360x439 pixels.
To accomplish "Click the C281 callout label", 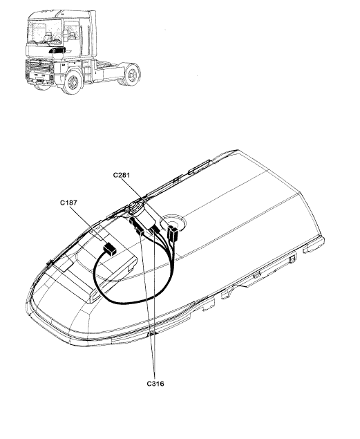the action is pyautogui.click(x=122, y=175).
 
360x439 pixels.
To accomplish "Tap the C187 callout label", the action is pyautogui.click(x=68, y=203).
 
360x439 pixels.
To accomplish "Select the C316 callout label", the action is pyautogui.click(x=155, y=383).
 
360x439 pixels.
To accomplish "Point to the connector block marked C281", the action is pyautogui.click(x=172, y=234).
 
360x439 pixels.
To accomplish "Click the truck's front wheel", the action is pyautogui.click(x=73, y=82).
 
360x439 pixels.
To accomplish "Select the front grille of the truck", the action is pyautogui.click(x=39, y=68).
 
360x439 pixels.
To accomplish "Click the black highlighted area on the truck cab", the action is pyautogui.click(x=57, y=50).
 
